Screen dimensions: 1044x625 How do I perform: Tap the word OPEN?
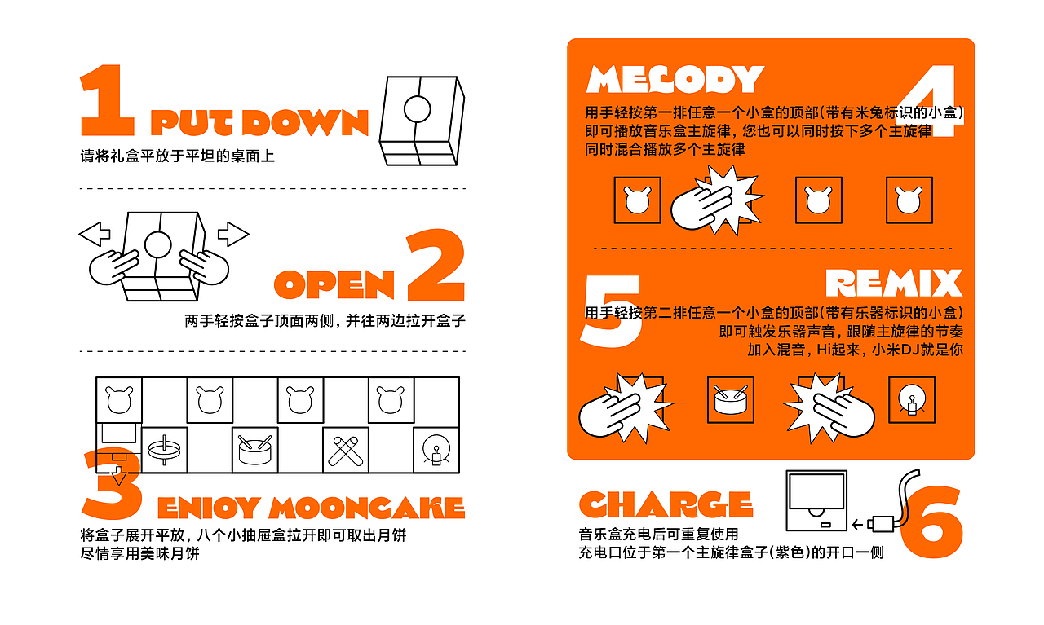point(334,284)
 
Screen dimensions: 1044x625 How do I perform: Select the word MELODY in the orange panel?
point(675,79)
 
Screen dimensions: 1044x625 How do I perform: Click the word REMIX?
point(893,283)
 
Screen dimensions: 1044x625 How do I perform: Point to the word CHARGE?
point(666,504)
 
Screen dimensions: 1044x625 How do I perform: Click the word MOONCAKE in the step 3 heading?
point(367,507)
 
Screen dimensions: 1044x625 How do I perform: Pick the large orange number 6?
point(931,522)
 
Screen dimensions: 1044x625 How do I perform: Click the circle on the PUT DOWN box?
point(417,109)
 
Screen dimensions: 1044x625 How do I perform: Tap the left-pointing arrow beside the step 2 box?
point(95,234)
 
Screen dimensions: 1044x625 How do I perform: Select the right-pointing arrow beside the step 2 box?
point(233,234)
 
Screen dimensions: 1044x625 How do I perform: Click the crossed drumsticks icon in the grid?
point(345,451)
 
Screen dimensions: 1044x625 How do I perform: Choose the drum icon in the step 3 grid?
point(255,451)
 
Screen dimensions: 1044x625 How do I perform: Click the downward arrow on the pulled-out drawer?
point(118,474)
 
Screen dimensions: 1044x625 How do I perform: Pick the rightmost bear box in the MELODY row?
point(909,200)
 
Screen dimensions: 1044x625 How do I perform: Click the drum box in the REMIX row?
point(730,399)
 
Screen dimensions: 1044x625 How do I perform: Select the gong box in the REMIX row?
point(912,399)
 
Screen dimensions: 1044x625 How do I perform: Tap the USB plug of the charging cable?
point(880,524)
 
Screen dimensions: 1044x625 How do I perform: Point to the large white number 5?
point(611,310)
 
